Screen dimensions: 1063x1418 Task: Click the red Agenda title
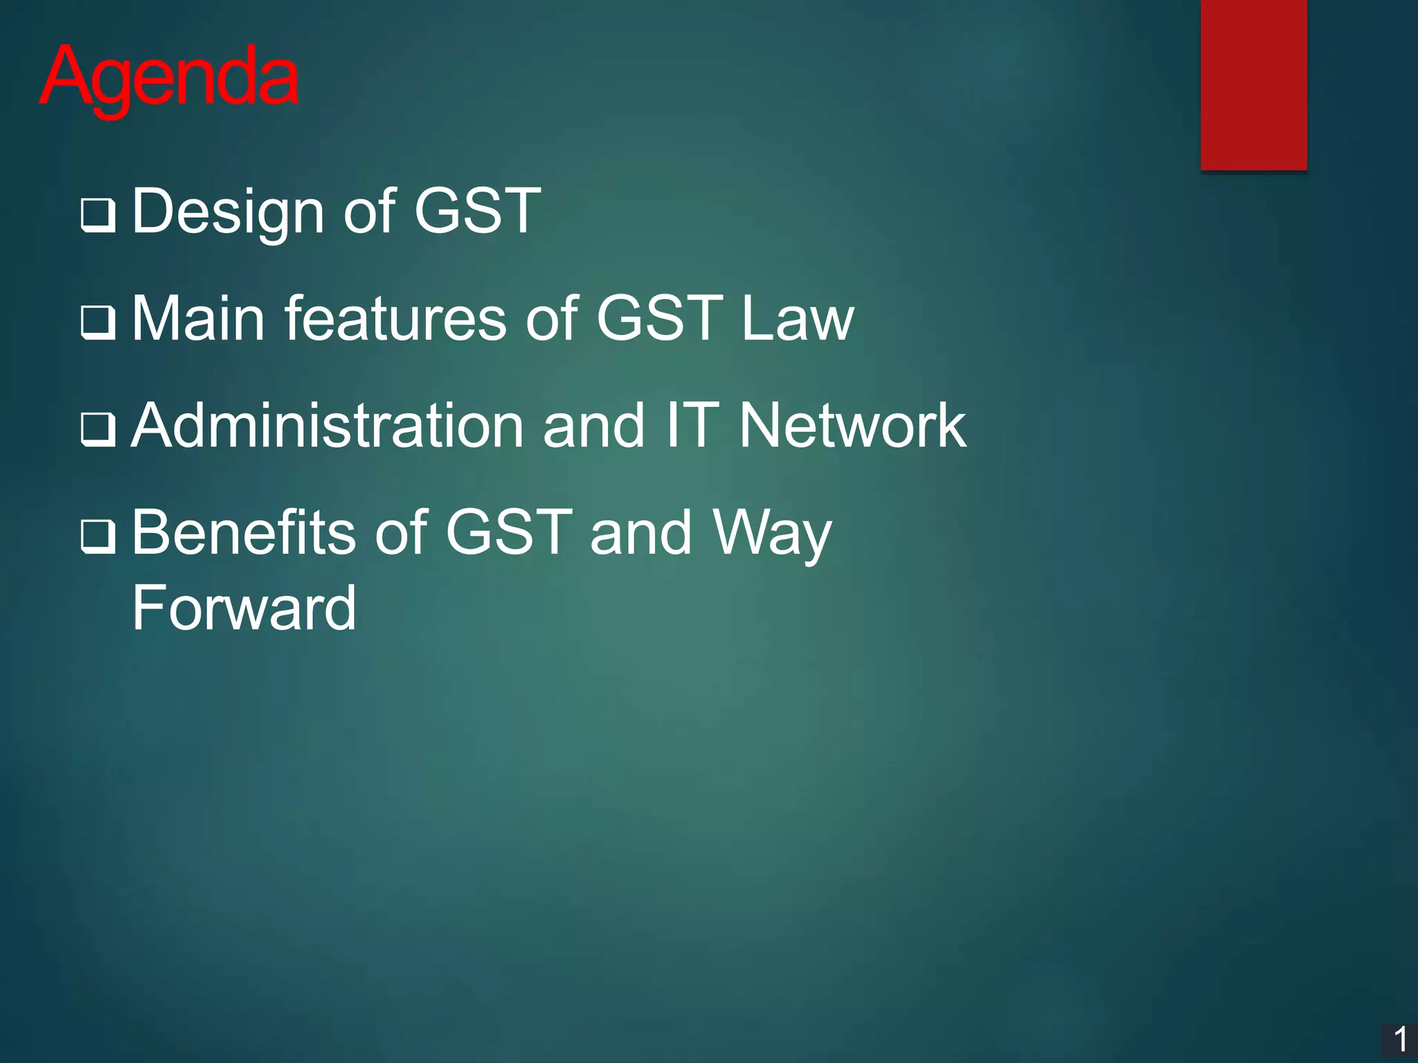click(170, 78)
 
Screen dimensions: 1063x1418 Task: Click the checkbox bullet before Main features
click(98, 322)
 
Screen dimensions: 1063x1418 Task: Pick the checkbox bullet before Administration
click(98, 429)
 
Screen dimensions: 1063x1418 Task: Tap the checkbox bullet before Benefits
click(98, 536)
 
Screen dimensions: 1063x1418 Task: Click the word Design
click(228, 211)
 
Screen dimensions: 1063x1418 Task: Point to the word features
click(395, 318)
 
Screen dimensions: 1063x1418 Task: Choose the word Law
click(797, 318)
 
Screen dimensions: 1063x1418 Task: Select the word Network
click(852, 426)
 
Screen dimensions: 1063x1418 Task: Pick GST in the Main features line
click(659, 318)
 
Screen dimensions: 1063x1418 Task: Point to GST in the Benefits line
click(509, 533)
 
